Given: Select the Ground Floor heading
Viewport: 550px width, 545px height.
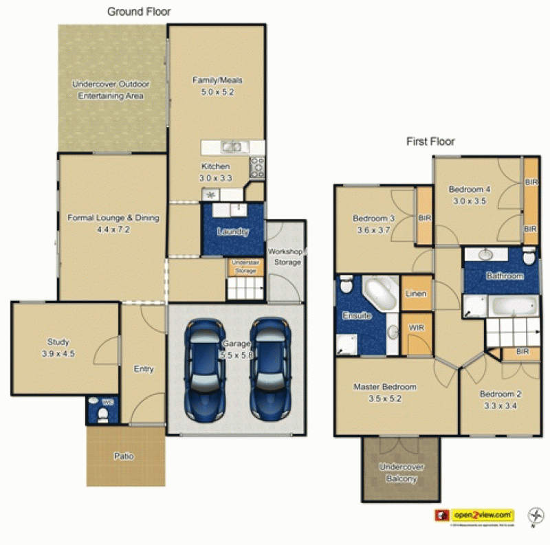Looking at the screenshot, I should [x=139, y=12].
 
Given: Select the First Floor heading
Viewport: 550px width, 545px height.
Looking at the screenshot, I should [x=430, y=142].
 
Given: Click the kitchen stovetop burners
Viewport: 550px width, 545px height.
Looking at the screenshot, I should [x=258, y=167].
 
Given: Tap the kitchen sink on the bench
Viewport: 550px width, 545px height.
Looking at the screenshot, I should [x=232, y=146].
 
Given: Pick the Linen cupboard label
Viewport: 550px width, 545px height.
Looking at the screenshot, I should [x=416, y=293].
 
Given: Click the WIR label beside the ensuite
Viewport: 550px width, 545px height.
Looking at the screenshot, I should [x=416, y=328].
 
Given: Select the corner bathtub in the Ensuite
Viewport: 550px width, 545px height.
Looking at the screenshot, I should [x=376, y=294].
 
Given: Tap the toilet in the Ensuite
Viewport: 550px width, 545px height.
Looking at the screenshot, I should [x=346, y=284].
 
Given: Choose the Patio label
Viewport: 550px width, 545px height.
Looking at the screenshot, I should [x=124, y=456].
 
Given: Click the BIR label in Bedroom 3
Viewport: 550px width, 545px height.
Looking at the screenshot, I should [x=424, y=218].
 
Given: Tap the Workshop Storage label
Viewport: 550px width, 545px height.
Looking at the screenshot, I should [x=284, y=256].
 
